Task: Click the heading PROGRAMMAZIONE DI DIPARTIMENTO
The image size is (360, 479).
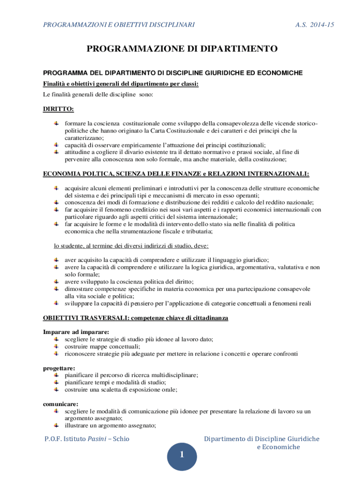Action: (181, 49)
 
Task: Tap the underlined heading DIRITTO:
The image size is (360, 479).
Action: (58, 109)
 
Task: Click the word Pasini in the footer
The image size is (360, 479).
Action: (98, 439)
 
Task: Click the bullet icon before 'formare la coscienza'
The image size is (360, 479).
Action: (56, 123)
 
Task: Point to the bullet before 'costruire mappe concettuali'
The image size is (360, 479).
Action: (56, 347)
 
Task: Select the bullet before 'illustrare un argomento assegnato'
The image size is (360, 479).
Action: (56, 425)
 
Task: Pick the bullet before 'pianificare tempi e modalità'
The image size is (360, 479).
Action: (56, 382)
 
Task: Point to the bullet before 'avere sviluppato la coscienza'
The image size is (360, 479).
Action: (56, 282)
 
